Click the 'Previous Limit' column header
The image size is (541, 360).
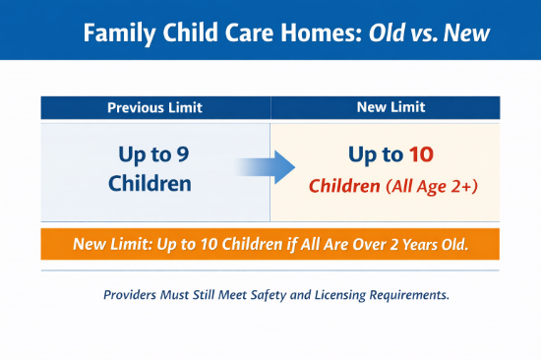[154, 108]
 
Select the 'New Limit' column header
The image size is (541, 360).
[385, 108]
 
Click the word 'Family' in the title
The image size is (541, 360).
[116, 33]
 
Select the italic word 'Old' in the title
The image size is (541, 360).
[384, 33]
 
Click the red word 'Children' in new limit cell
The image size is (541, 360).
[343, 185]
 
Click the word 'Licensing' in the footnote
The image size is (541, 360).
[348, 293]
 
